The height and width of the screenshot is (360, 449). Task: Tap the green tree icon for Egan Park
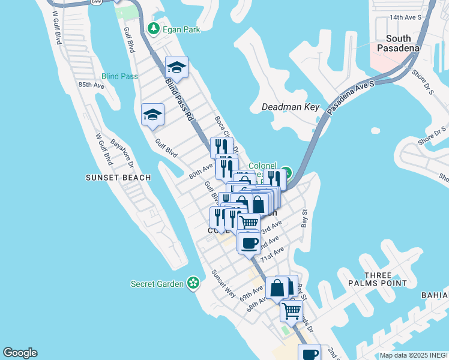point(154,28)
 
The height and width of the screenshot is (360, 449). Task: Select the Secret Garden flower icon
point(193,283)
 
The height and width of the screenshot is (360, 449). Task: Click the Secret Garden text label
point(157,283)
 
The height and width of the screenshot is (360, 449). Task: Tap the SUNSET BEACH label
point(118,178)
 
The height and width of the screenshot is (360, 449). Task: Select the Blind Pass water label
point(119,76)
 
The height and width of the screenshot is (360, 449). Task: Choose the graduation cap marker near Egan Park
point(176,67)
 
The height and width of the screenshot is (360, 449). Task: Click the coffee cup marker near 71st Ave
point(249,243)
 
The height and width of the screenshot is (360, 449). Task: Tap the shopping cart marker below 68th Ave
point(291,311)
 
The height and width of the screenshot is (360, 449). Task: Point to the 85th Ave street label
point(91,85)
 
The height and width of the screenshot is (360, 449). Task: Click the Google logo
point(20,353)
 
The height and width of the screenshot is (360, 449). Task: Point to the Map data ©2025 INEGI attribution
point(414,355)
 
